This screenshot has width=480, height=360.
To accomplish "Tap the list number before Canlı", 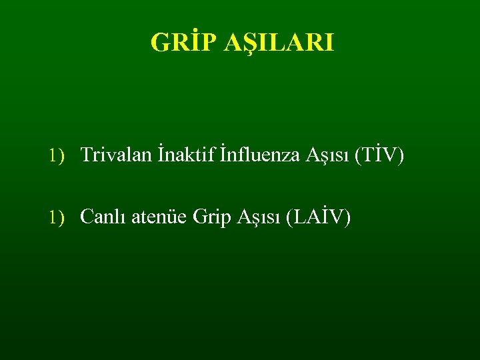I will (59, 217).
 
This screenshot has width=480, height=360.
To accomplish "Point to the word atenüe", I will (157, 217).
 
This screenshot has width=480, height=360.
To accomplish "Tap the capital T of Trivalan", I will (86, 156).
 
